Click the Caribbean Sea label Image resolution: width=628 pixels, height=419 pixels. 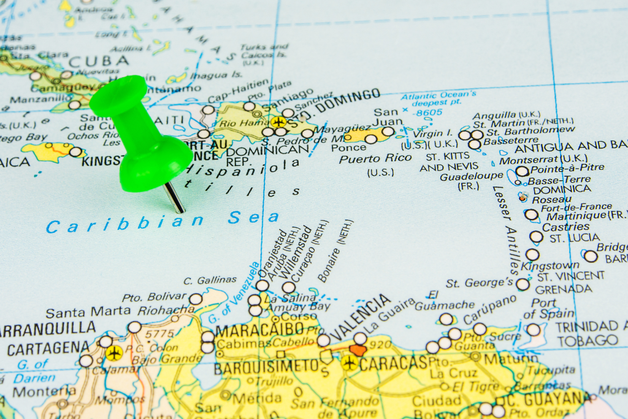point(162,221)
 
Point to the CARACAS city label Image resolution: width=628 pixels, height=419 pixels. point(393,364)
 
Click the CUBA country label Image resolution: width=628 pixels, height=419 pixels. point(99,61)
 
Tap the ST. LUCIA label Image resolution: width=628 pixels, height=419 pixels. point(573,238)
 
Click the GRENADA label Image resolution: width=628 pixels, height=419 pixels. point(564,289)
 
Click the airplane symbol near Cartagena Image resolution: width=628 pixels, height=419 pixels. point(113,353)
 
